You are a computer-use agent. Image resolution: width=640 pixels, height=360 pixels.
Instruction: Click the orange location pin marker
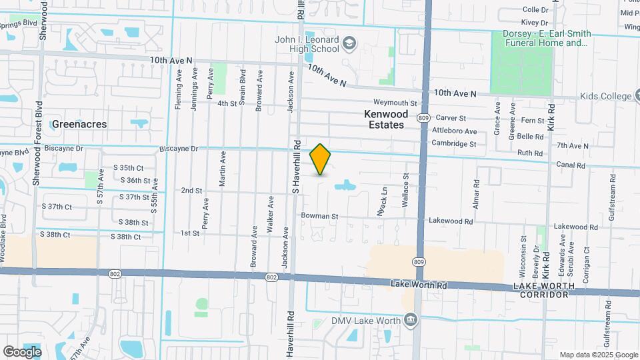(x=321, y=159)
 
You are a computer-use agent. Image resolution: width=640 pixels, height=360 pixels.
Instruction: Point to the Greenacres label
(x=79, y=124)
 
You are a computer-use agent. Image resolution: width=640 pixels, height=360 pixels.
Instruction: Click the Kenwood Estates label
(x=385, y=119)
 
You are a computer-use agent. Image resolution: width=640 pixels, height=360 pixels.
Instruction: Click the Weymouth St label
(x=395, y=103)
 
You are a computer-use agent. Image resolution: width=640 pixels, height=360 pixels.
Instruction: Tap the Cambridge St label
(x=453, y=143)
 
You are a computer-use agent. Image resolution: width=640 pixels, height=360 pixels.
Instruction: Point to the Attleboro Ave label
(x=454, y=131)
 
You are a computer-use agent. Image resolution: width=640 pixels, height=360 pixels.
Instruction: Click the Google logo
(x=21, y=352)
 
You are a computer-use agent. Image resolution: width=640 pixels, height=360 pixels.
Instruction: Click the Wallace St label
(x=405, y=189)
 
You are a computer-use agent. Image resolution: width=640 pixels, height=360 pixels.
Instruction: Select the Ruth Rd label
(x=530, y=153)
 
